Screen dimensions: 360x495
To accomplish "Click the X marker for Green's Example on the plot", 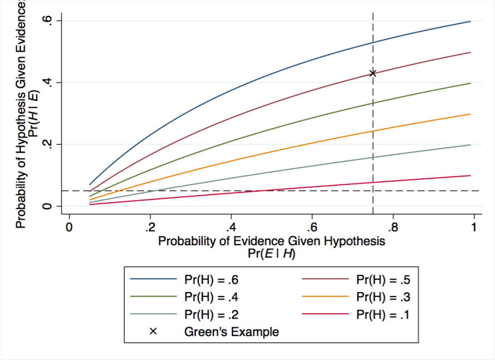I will [373, 73].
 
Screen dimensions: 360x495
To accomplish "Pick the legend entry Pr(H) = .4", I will [211, 296].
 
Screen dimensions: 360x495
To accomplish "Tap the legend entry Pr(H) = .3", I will [383, 296].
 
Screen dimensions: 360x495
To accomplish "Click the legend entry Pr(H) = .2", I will [211, 314].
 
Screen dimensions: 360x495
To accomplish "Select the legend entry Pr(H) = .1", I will [383, 314].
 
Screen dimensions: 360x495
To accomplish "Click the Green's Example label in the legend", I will [231, 332].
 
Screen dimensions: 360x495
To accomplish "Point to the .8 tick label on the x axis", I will [393, 228].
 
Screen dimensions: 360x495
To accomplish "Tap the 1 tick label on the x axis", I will [474, 228].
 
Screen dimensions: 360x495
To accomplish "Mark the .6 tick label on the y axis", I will [50, 21].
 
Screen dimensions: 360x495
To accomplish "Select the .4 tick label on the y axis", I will [50, 82].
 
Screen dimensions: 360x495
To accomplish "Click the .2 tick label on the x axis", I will [150, 228].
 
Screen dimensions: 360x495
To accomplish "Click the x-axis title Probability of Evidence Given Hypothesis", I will [271, 241].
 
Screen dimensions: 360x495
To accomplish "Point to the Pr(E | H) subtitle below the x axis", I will [271, 254].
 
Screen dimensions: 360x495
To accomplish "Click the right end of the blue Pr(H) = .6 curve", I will [471, 21].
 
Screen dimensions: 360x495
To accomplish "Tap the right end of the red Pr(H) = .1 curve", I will [471, 176].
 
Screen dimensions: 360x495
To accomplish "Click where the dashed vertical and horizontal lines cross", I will [373, 191].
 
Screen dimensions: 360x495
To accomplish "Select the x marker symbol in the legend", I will [153, 332].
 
